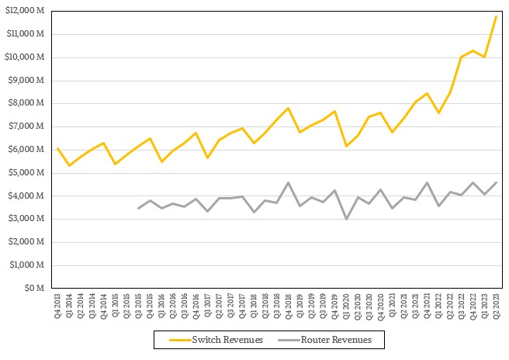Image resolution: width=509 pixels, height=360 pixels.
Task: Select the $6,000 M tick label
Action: point(30,150)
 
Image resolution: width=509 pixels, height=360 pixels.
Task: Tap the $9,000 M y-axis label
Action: point(30,81)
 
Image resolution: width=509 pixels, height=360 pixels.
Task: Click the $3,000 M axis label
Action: point(30,219)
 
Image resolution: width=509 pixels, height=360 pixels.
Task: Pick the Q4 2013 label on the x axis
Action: point(58,306)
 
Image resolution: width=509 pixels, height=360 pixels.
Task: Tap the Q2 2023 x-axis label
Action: point(496,306)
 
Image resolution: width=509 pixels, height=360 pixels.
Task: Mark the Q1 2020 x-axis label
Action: point(346,306)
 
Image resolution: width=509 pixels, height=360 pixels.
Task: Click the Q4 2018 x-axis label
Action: point(289,306)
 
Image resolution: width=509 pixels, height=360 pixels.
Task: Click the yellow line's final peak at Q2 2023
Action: point(496,16)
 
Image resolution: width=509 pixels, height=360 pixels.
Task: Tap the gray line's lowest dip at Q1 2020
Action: point(346,219)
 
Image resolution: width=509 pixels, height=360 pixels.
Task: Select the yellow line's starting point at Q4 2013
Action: point(58,147)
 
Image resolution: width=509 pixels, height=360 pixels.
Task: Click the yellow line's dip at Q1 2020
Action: point(346,146)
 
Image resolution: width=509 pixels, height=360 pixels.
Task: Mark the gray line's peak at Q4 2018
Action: point(289,182)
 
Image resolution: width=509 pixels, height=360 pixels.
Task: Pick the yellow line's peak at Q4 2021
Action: point(427,93)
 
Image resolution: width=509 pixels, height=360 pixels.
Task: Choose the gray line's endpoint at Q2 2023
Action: point(496,182)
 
